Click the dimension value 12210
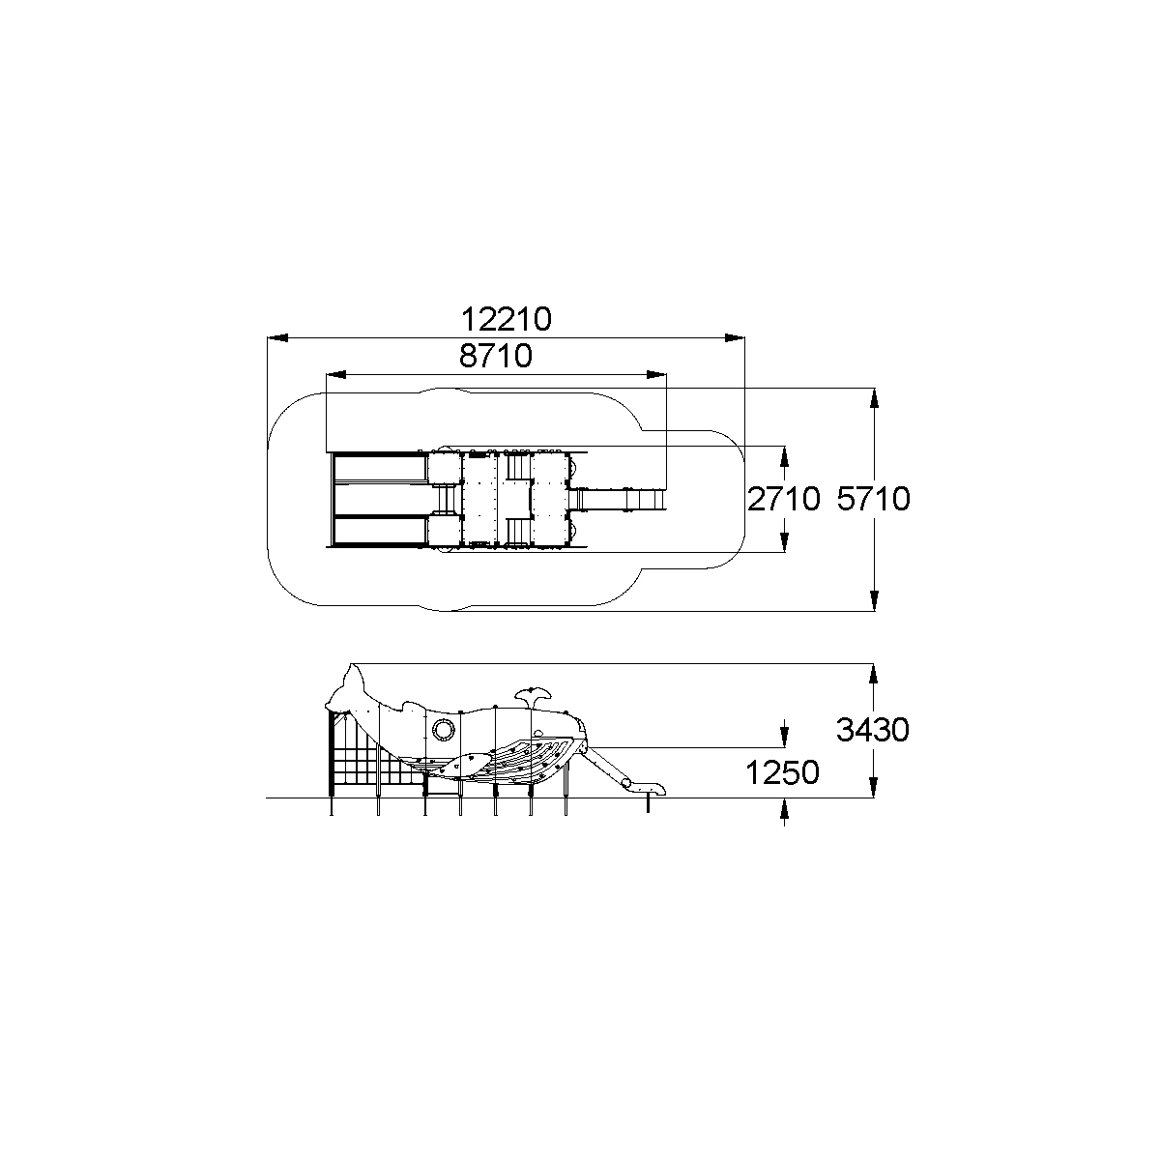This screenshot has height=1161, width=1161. coord(507,319)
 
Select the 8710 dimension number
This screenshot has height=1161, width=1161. coord(495,356)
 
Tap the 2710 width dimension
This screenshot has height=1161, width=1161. coord(783,499)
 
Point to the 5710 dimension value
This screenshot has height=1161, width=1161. coord(873,499)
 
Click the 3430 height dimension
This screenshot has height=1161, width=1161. coord(872,730)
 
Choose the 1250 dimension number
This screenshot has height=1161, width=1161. coord(782,772)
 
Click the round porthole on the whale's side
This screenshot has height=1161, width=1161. coord(443,729)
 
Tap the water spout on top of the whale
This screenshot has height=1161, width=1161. coord(534,698)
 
